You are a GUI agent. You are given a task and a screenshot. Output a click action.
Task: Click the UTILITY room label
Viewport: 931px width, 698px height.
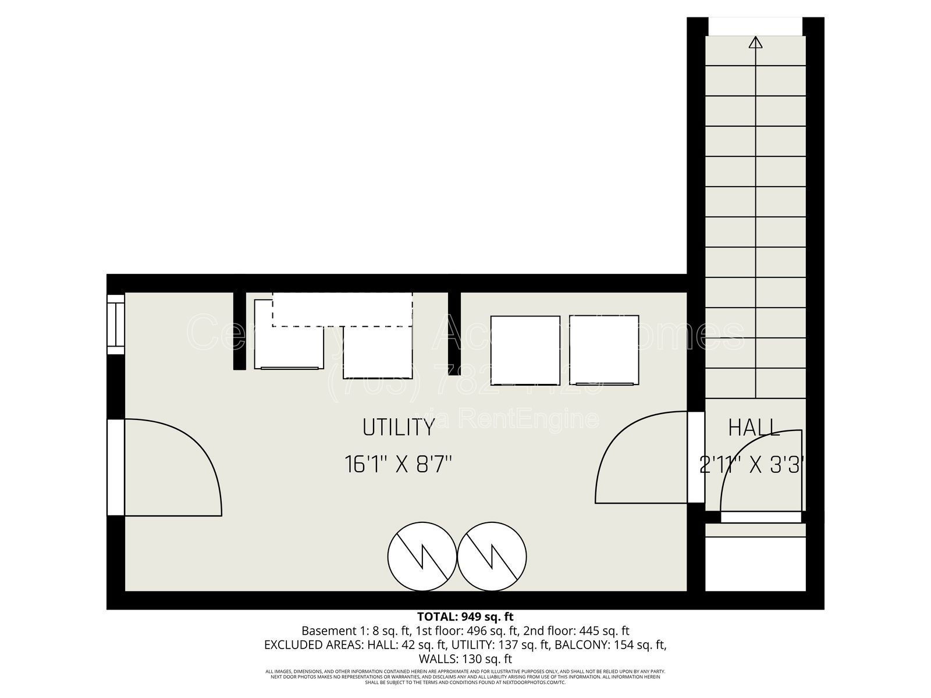(x=399, y=428)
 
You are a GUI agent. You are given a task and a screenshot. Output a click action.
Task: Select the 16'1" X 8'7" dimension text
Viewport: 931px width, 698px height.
(x=399, y=465)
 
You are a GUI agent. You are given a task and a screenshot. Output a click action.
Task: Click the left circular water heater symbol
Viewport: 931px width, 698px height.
(x=422, y=555)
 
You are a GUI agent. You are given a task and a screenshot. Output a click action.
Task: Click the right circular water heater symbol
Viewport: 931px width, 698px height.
(x=492, y=555)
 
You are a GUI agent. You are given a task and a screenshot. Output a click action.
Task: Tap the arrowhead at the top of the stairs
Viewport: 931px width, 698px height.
(x=756, y=42)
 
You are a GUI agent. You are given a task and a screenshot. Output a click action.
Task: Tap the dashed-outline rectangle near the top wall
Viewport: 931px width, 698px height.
(x=342, y=309)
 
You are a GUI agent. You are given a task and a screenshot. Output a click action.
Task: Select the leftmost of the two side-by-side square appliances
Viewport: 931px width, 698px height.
(x=525, y=350)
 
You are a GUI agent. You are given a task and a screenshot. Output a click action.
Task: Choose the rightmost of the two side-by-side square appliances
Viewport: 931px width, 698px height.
(x=604, y=350)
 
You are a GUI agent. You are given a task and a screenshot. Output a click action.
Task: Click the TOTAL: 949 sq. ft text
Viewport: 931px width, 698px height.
(x=465, y=617)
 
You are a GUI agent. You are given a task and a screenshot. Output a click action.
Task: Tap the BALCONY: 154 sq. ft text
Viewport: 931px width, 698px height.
(x=610, y=644)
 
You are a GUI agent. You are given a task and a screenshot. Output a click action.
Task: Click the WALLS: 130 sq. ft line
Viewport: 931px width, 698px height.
(x=465, y=659)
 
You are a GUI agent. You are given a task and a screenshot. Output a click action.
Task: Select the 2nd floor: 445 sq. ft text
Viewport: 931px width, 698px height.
(x=576, y=631)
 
